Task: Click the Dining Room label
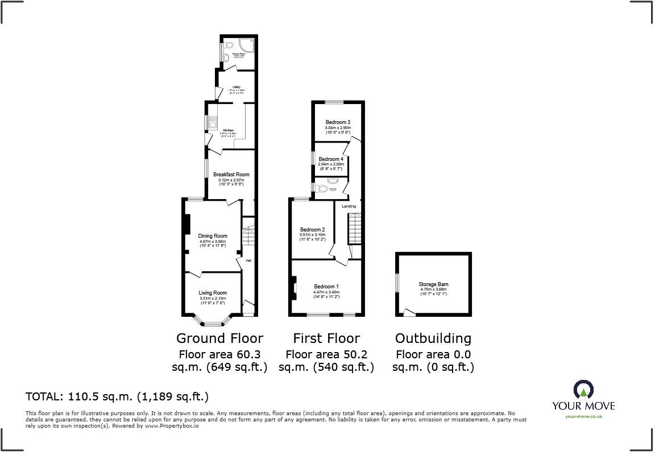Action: coord(213,236)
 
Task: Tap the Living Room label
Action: coord(213,293)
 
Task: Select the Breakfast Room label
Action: coord(231,175)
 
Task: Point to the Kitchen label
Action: coord(228,130)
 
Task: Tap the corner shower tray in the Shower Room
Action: coord(246,45)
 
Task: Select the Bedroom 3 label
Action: coord(338,122)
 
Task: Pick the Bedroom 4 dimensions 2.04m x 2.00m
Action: coord(331,164)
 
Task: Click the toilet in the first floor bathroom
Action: coord(322,189)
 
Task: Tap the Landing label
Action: coord(349,206)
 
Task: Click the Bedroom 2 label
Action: coord(312,230)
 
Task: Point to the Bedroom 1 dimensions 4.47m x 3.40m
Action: coord(326,292)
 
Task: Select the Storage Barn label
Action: coord(433,284)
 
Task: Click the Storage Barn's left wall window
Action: coord(398,283)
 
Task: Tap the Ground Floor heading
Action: coord(219,338)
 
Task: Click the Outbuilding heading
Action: coord(433,338)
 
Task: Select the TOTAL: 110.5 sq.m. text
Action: coord(117,396)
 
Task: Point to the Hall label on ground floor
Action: coord(248,261)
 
